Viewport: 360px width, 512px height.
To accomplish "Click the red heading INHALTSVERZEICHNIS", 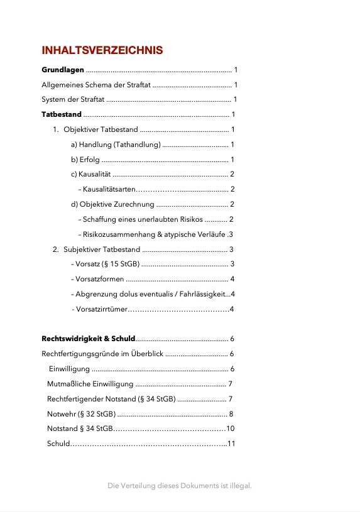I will [x=102, y=50].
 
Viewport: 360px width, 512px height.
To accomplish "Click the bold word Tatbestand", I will [x=62, y=114].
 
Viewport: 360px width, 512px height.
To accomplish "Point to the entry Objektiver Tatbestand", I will [x=101, y=129].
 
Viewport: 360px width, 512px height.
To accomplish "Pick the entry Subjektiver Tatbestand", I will [x=101, y=249].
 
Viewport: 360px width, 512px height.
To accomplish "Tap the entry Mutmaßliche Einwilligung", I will [x=90, y=384].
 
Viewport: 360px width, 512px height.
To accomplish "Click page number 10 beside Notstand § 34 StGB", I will [x=230, y=428].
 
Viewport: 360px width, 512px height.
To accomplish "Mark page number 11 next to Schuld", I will [x=231, y=444].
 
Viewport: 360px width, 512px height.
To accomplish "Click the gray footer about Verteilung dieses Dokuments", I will [x=180, y=486].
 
